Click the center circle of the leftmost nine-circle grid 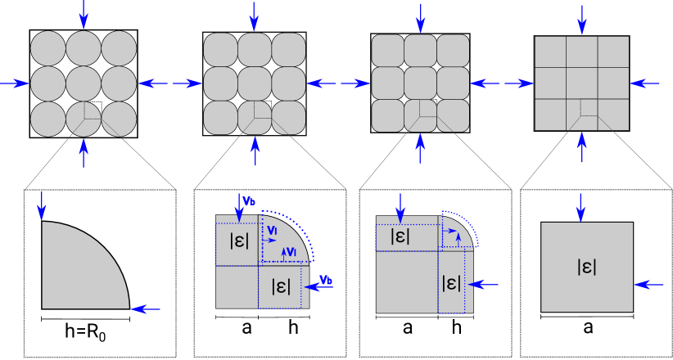84,83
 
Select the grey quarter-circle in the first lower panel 78,270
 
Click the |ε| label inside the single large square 586,266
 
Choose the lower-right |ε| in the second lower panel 282,286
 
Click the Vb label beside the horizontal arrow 326,280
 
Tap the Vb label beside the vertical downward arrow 250,200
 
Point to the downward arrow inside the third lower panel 400,207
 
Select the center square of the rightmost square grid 581,83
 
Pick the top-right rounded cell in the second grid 288,49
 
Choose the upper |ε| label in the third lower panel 400,236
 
